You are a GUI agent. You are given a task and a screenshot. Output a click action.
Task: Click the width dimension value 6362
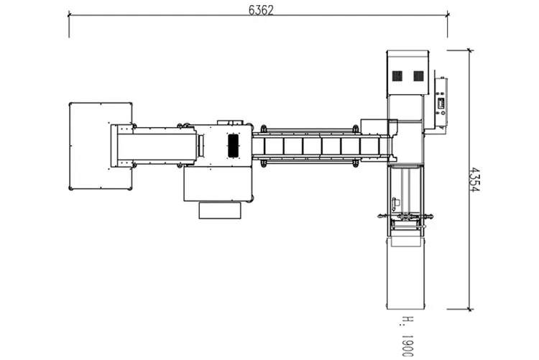click(x=261, y=10)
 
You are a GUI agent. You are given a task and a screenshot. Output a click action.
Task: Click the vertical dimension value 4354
click(x=474, y=180)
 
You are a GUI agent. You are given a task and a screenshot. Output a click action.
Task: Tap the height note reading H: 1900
click(x=407, y=336)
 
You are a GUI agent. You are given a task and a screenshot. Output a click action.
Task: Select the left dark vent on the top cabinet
click(x=397, y=76)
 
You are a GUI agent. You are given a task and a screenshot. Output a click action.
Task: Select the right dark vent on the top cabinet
click(x=418, y=76)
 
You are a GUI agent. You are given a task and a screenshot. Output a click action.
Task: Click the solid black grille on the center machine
click(x=233, y=146)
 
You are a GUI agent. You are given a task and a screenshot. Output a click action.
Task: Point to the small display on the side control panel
click(x=441, y=103)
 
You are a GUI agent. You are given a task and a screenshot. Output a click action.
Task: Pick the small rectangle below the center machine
click(x=220, y=211)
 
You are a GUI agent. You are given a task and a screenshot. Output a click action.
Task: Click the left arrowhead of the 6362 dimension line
click(x=69, y=15)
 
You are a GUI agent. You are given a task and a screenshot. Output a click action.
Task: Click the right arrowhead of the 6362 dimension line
click(x=447, y=15)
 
